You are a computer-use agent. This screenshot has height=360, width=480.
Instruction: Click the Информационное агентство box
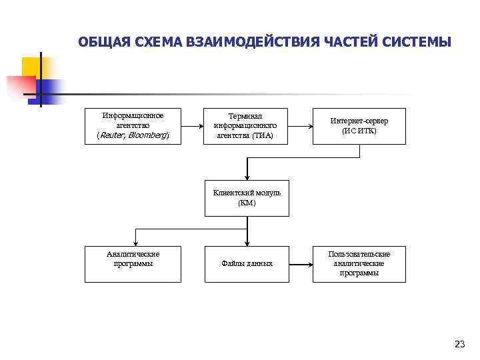click(x=133, y=126)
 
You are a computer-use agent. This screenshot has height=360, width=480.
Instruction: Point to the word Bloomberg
click(x=148, y=135)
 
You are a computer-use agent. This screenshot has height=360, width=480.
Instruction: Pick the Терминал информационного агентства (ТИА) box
click(x=247, y=126)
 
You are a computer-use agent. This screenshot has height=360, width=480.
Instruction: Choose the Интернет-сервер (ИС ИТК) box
click(x=359, y=126)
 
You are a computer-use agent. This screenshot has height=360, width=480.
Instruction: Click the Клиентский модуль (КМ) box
click(x=247, y=198)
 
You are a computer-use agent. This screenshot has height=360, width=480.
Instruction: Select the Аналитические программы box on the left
click(x=133, y=264)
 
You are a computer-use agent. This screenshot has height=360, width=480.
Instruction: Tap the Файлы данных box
click(x=247, y=264)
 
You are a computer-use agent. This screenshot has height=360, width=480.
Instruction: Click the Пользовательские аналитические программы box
click(x=359, y=264)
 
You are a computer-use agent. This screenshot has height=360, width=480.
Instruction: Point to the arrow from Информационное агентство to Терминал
click(x=192, y=126)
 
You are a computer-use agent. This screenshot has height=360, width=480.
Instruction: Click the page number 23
click(x=459, y=344)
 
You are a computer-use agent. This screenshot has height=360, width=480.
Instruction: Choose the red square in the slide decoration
click(x=20, y=85)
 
